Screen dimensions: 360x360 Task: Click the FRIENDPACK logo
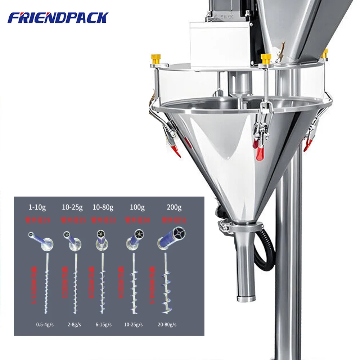coord(58,18)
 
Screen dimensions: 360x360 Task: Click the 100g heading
coord(137,207)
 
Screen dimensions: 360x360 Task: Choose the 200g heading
coord(174,207)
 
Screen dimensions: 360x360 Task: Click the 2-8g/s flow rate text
coord(74,324)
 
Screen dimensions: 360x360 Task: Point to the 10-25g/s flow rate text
coord(134,324)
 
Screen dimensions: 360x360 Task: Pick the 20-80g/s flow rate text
coord(167,324)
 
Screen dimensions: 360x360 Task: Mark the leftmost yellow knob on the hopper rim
coord(156,59)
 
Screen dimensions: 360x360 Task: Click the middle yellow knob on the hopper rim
coord(266,59)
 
